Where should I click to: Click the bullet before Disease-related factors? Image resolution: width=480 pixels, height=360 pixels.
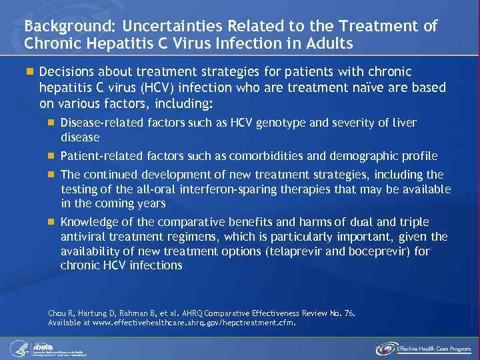tap(51, 122)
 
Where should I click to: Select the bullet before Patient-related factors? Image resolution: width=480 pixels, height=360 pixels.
tap(51, 156)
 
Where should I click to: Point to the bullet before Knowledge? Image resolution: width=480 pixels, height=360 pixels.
tap(51, 221)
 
